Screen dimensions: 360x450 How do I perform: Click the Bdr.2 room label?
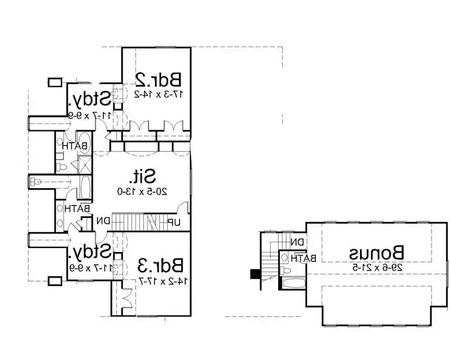[x=158, y=78]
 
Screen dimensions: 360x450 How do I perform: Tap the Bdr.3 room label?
[x=161, y=266]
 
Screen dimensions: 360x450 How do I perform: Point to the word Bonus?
[x=377, y=253]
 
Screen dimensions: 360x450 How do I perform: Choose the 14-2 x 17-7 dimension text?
[x=161, y=281]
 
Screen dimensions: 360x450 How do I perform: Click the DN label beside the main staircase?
[x=103, y=221]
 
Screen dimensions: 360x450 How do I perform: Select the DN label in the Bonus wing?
[x=297, y=242]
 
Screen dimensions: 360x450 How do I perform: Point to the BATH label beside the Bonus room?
[x=304, y=257]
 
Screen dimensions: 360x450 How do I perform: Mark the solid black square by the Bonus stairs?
[x=254, y=274]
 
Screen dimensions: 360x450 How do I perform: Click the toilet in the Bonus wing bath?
[x=285, y=269]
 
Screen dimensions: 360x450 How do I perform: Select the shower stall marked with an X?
[x=84, y=164]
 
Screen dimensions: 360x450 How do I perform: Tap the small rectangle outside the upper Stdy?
[x=55, y=82]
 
